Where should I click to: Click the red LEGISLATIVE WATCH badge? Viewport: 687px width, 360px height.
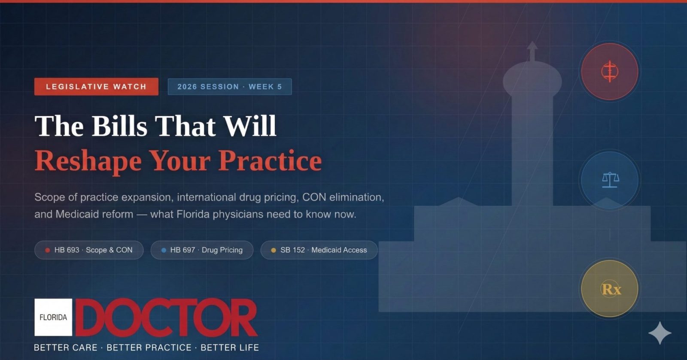96,87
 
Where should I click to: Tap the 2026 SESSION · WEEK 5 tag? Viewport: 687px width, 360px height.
229,87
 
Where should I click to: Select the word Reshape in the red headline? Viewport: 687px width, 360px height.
88,161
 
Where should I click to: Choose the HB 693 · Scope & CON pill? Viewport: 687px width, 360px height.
89,250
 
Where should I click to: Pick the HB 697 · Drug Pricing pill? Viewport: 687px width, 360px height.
202,250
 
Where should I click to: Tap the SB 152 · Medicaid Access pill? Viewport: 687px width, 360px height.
319,250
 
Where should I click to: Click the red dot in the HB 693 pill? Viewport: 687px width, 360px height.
48,250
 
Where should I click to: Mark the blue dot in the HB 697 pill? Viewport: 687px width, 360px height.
164,250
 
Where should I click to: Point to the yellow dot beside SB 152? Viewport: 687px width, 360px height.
274,250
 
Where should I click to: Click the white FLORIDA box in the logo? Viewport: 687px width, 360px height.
53,318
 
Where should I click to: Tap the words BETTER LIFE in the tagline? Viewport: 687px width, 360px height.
230,348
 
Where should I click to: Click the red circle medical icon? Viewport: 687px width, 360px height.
609,71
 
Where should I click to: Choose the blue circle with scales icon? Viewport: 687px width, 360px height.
610,180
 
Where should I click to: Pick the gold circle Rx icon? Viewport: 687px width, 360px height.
610,289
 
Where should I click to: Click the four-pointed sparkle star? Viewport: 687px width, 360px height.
660,333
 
